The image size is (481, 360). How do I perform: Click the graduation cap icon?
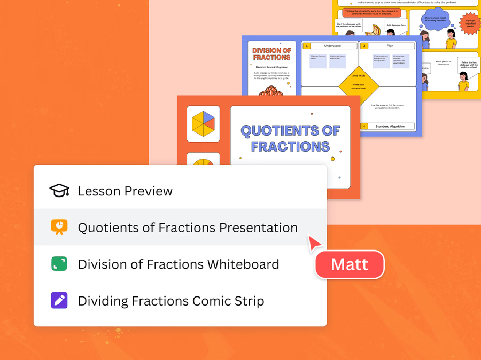[59, 191]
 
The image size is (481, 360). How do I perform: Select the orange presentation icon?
[59, 227]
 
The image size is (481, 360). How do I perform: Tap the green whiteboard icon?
[59, 264]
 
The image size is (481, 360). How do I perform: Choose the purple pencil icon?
[59, 300]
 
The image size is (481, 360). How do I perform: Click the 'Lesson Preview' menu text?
[125, 191]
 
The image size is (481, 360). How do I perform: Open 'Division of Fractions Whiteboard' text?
[179, 264]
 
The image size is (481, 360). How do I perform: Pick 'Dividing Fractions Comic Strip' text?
[171, 301]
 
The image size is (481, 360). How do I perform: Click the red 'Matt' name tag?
[350, 264]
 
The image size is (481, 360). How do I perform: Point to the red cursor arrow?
[314, 242]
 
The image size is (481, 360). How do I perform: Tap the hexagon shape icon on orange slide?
[203, 124]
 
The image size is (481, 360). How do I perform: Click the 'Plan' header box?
[390, 46]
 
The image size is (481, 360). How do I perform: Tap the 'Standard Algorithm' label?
[390, 127]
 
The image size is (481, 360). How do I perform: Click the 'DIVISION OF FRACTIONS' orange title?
[271, 54]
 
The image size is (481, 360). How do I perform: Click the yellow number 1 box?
[307, 46]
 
